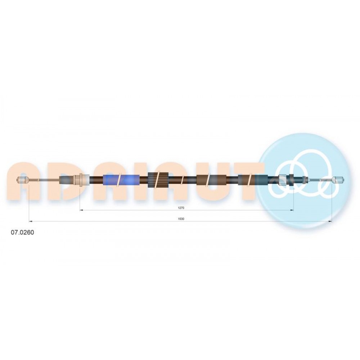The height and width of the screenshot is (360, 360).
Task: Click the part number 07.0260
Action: (22, 232)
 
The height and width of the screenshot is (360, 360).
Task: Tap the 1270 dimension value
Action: (181, 208)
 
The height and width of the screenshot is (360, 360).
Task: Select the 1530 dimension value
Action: (181, 219)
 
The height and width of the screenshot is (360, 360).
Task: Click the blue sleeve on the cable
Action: (121, 180)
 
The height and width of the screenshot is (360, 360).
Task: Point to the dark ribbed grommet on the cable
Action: (158, 180)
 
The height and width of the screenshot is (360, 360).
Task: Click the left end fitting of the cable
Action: (23, 180)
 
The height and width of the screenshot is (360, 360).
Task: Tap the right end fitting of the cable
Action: (338, 180)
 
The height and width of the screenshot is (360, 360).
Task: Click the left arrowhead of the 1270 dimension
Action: (81, 210)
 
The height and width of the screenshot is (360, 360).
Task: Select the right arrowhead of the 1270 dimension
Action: (292, 210)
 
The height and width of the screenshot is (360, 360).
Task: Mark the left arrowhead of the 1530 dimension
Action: (31, 221)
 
